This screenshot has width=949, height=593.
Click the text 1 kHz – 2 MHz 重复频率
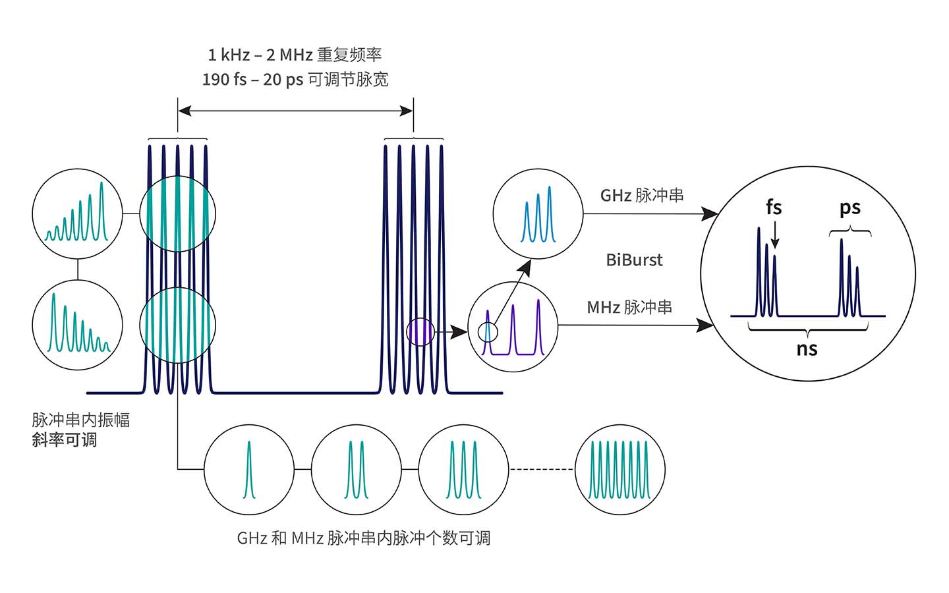click(x=295, y=55)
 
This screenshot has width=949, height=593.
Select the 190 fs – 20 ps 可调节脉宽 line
click(x=295, y=80)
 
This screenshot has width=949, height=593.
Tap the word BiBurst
click(x=634, y=260)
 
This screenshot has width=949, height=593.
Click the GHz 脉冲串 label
click(x=641, y=196)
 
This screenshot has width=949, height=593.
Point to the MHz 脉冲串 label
click(x=629, y=307)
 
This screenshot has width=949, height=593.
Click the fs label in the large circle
click(x=774, y=208)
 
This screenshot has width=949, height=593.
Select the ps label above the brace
click(x=849, y=208)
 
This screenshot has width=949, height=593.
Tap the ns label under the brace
click(x=807, y=349)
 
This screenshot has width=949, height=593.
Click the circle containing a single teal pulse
click(x=249, y=469)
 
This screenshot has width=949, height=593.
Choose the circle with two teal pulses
click(x=356, y=469)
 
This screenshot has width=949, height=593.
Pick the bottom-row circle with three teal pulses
click(x=464, y=469)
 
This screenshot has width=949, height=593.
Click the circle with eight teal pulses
click(x=620, y=469)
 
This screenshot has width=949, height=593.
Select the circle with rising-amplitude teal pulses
click(x=77, y=214)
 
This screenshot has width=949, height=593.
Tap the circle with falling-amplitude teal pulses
click(x=77, y=324)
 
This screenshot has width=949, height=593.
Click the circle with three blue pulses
click(x=538, y=214)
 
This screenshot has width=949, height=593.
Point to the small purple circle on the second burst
click(x=420, y=331)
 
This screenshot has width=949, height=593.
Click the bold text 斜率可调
click(x=65, y=440)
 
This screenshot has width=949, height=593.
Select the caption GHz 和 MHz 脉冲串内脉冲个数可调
click(x=363, y=538)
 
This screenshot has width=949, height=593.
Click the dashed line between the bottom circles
click(x=542, y=469)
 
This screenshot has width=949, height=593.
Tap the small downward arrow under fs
click(x=775, y=236)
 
